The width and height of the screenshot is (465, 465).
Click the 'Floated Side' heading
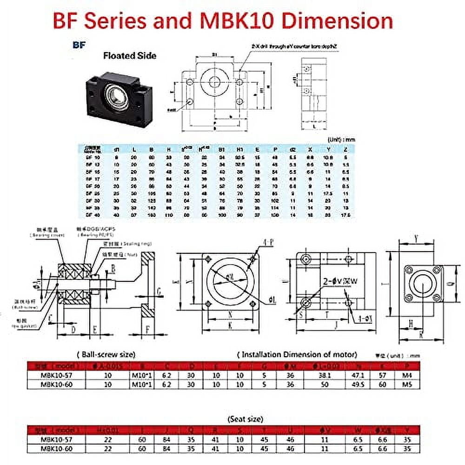[129, 56]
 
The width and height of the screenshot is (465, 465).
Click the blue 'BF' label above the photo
[78, 46]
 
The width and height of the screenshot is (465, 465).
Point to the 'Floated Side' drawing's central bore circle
[214, 82]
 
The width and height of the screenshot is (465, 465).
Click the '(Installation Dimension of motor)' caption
[297, 354]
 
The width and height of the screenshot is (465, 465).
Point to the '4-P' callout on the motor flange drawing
[268, 242]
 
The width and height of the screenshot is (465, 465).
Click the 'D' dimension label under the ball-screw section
[73, 330]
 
